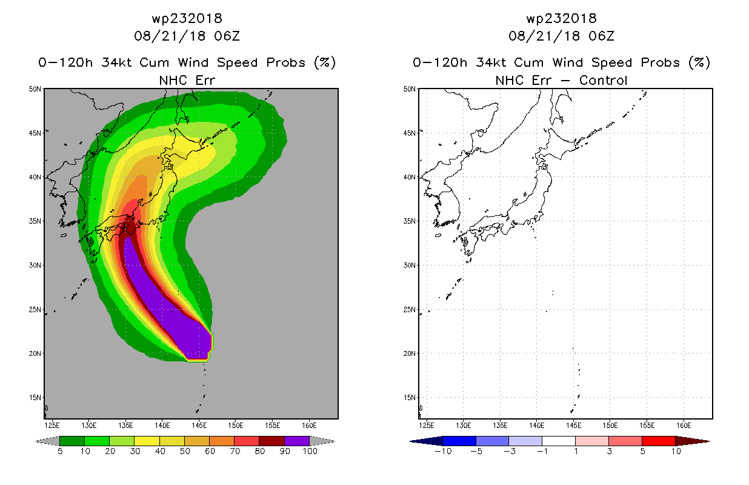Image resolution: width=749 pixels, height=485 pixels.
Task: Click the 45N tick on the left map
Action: tap(35, 133)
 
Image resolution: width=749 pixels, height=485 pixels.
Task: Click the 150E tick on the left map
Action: tap(236, 426)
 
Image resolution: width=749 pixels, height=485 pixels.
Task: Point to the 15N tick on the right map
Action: tap(410, 397)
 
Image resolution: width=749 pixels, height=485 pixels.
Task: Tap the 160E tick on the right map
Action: tap(684, 426)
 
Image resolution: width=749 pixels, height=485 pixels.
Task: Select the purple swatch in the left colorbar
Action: tap(297, 441)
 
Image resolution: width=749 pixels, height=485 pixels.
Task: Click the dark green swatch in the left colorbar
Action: tap(72, 441)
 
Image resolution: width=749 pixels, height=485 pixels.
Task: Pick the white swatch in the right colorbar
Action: tap(558, 441)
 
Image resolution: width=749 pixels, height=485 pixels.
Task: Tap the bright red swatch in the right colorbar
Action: tap(658, 441)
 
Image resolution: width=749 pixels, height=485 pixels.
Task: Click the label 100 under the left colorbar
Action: tap(310, 451)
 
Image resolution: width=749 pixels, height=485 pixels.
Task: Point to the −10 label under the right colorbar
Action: tap(443, 451)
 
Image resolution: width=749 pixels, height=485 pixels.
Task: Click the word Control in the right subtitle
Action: tap(603, 80)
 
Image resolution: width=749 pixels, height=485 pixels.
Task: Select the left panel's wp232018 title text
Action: tap(187, 18)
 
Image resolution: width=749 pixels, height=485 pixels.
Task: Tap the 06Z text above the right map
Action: tap(602, 36)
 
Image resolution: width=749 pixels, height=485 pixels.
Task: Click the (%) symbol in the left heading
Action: tap(325, 62)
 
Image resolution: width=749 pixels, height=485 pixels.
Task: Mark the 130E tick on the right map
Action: tap(463, 426)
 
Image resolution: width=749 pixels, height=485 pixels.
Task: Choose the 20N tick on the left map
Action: tap(35, 353)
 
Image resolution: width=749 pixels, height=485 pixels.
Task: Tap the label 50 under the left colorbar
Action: tap(185, 451)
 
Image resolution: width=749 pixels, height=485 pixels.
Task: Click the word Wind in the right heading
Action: tap(567, 62)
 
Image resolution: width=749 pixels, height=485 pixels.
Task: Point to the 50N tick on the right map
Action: tap(410, 89)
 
